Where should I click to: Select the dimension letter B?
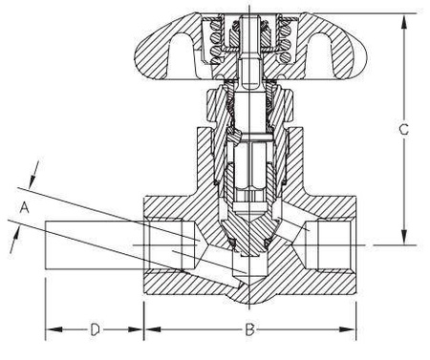click(249, 330)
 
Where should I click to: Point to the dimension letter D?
click(95, 330)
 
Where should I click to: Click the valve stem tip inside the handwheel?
click(249, 21)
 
